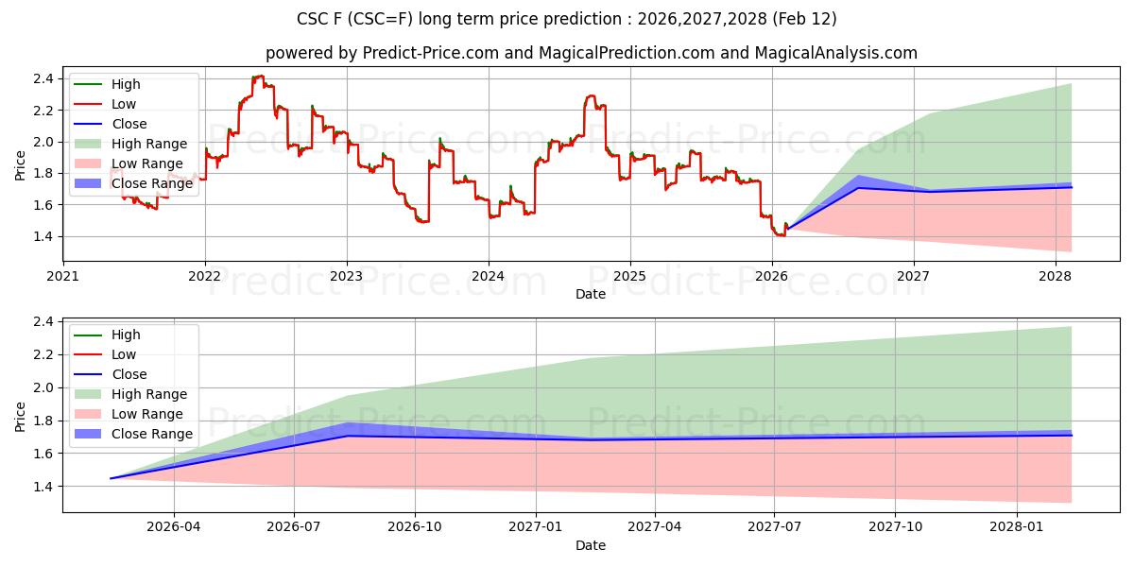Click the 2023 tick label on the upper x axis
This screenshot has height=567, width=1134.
[346, 277]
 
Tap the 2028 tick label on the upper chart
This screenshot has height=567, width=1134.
[1055, 277]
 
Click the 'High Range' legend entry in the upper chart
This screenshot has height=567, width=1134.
[149, 145]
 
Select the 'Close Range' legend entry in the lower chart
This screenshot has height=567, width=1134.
[152, 434]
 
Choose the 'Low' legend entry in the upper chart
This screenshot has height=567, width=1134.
[124, 104]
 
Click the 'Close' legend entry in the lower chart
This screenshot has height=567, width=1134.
[129, 374]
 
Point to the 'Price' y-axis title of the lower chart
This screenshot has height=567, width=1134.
[21, 416]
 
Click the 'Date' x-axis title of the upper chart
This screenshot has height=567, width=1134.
[591, 294]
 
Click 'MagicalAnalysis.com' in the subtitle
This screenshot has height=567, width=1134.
[835, 53]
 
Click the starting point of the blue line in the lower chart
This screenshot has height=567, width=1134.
[112, 478]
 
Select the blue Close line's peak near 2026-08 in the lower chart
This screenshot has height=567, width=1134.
[351, 435]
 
